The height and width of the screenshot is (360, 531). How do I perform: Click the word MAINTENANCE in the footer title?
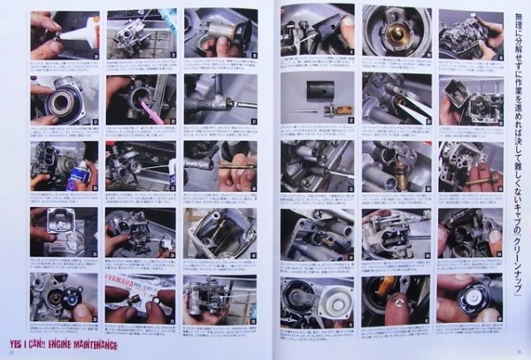click(x=100, y=344)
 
